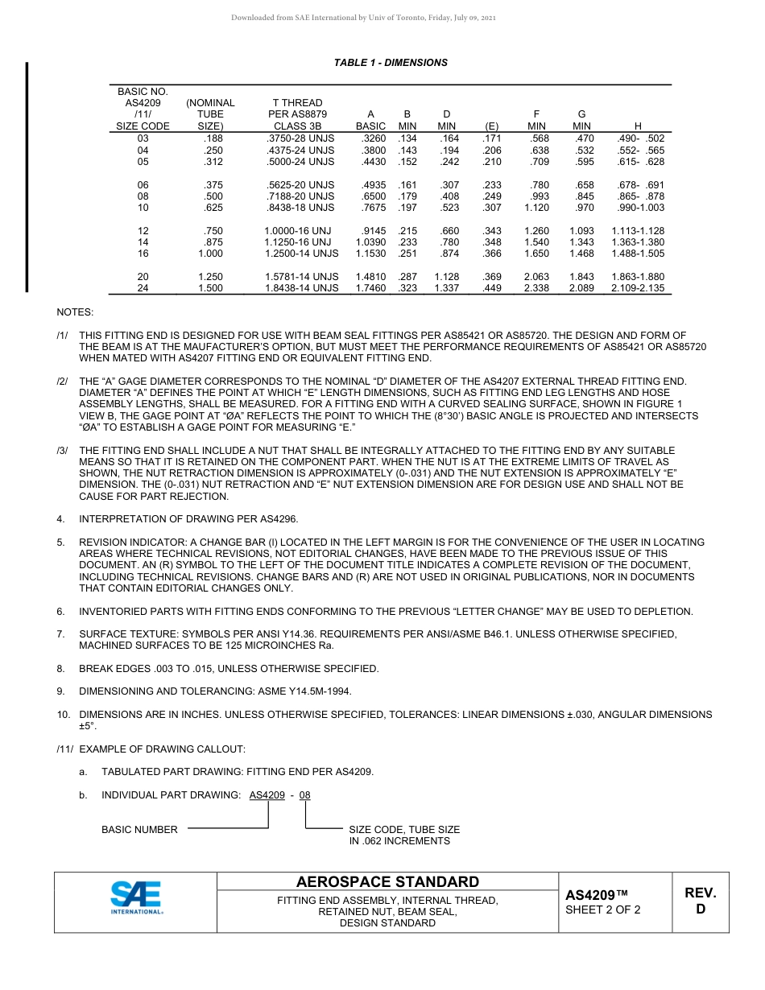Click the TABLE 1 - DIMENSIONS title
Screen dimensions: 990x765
click(x=391, y=63)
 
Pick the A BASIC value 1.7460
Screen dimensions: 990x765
click(x=370, y=288)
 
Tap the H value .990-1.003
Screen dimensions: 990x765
click(x=638, y=208)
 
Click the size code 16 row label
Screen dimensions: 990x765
click(x=143, y=254)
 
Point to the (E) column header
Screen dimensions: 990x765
click(x=491, y=126)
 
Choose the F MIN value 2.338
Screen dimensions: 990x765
click(x=535, y=288)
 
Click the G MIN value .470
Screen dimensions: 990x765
click(x=581, y=139)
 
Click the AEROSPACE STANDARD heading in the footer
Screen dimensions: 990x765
click(x=387, y=882)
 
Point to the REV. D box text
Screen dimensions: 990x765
click(x=700, y=901)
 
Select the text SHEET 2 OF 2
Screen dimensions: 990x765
click(x=603, y=910)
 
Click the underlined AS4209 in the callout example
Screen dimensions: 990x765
click(x=267, y=795)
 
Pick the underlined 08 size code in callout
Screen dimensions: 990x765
click(x=304, y=795)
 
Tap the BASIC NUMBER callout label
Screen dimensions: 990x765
click(x=139, y=830)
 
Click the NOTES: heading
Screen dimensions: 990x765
click(x=75, y=311)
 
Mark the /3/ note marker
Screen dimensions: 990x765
click(x=62, y=451)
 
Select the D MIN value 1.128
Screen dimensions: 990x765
click(x=446, y=277)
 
